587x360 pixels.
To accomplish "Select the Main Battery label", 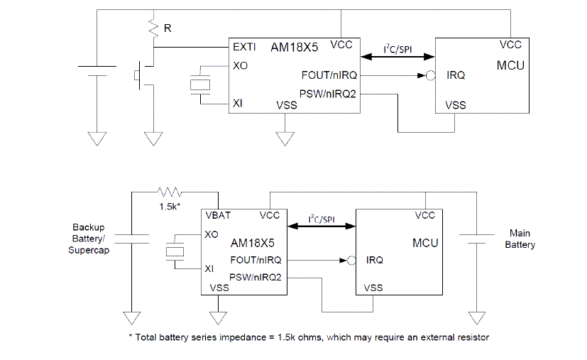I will tap(521, 239).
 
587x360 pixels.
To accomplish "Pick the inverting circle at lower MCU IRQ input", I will tap(350, 260).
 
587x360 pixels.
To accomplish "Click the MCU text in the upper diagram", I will tap(510, 65).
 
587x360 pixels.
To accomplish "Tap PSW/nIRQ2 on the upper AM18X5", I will tap(328, 93).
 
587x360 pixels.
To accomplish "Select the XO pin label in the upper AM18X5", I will tap(240, 65).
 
